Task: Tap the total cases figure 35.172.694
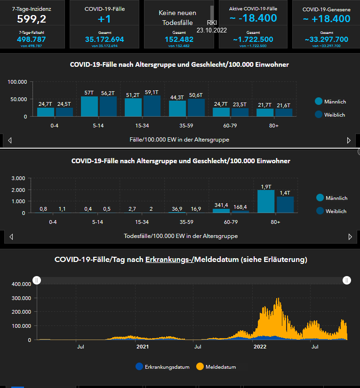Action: (x=104, y=40)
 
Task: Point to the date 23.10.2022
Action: (x=212, y=30)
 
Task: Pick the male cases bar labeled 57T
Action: (x=89, y=106)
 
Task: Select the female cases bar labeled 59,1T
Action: (x=152, y=106)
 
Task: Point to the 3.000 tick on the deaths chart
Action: (x=17, y=178)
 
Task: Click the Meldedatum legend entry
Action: (x=217, y=367)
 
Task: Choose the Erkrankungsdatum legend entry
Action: (x=162, y=367)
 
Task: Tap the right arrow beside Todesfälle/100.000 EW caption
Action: (x=350, y=237)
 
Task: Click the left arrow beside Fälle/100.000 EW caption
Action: (x=10, y=140)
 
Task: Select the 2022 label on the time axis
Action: (x=260, y=347)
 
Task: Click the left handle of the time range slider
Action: (x=37, y=280)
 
